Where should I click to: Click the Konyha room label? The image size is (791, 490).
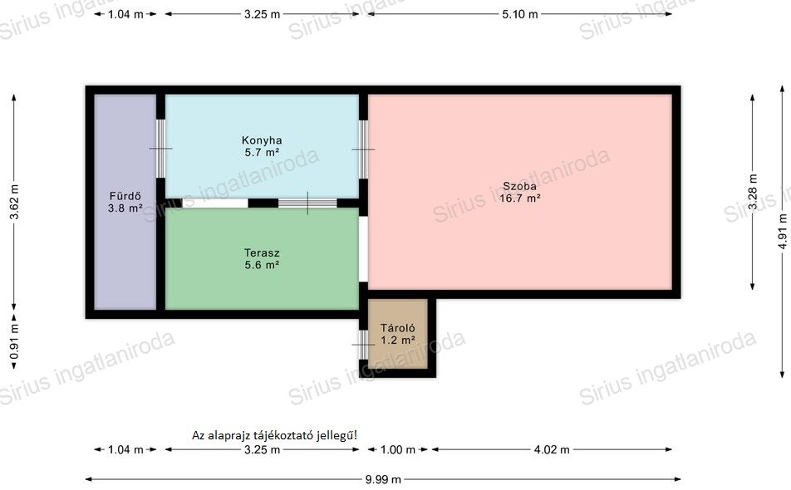click(261, 140)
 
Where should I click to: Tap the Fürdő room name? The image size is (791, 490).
click(125, 196)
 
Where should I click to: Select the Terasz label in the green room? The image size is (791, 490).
click(262, 252)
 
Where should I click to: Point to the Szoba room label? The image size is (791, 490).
click(519, 186)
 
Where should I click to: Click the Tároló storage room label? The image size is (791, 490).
click(397, 328)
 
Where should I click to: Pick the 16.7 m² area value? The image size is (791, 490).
click(519, 198)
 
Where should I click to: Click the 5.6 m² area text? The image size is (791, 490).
click(262, 265)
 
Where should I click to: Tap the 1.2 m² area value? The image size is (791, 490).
click(397, 340)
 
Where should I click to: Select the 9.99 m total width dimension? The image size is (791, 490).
click(383, 479)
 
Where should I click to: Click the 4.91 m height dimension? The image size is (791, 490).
click(783, 232)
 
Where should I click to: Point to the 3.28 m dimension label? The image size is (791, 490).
click(753, 192)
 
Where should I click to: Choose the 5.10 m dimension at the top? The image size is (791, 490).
click(519, 14)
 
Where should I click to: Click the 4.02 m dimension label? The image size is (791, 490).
click(552, 449)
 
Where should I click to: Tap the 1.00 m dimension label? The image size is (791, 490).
click(397, 449)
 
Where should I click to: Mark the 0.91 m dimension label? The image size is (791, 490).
click(14, 341)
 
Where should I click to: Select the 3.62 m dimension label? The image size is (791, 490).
click(14, 202)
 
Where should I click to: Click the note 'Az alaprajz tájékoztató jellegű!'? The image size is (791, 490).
click(274, 435)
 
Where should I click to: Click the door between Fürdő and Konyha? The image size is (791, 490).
click(160, 149)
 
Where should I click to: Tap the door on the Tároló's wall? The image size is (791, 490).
click(363, 345)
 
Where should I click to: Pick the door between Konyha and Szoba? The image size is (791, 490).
click(363, 149)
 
